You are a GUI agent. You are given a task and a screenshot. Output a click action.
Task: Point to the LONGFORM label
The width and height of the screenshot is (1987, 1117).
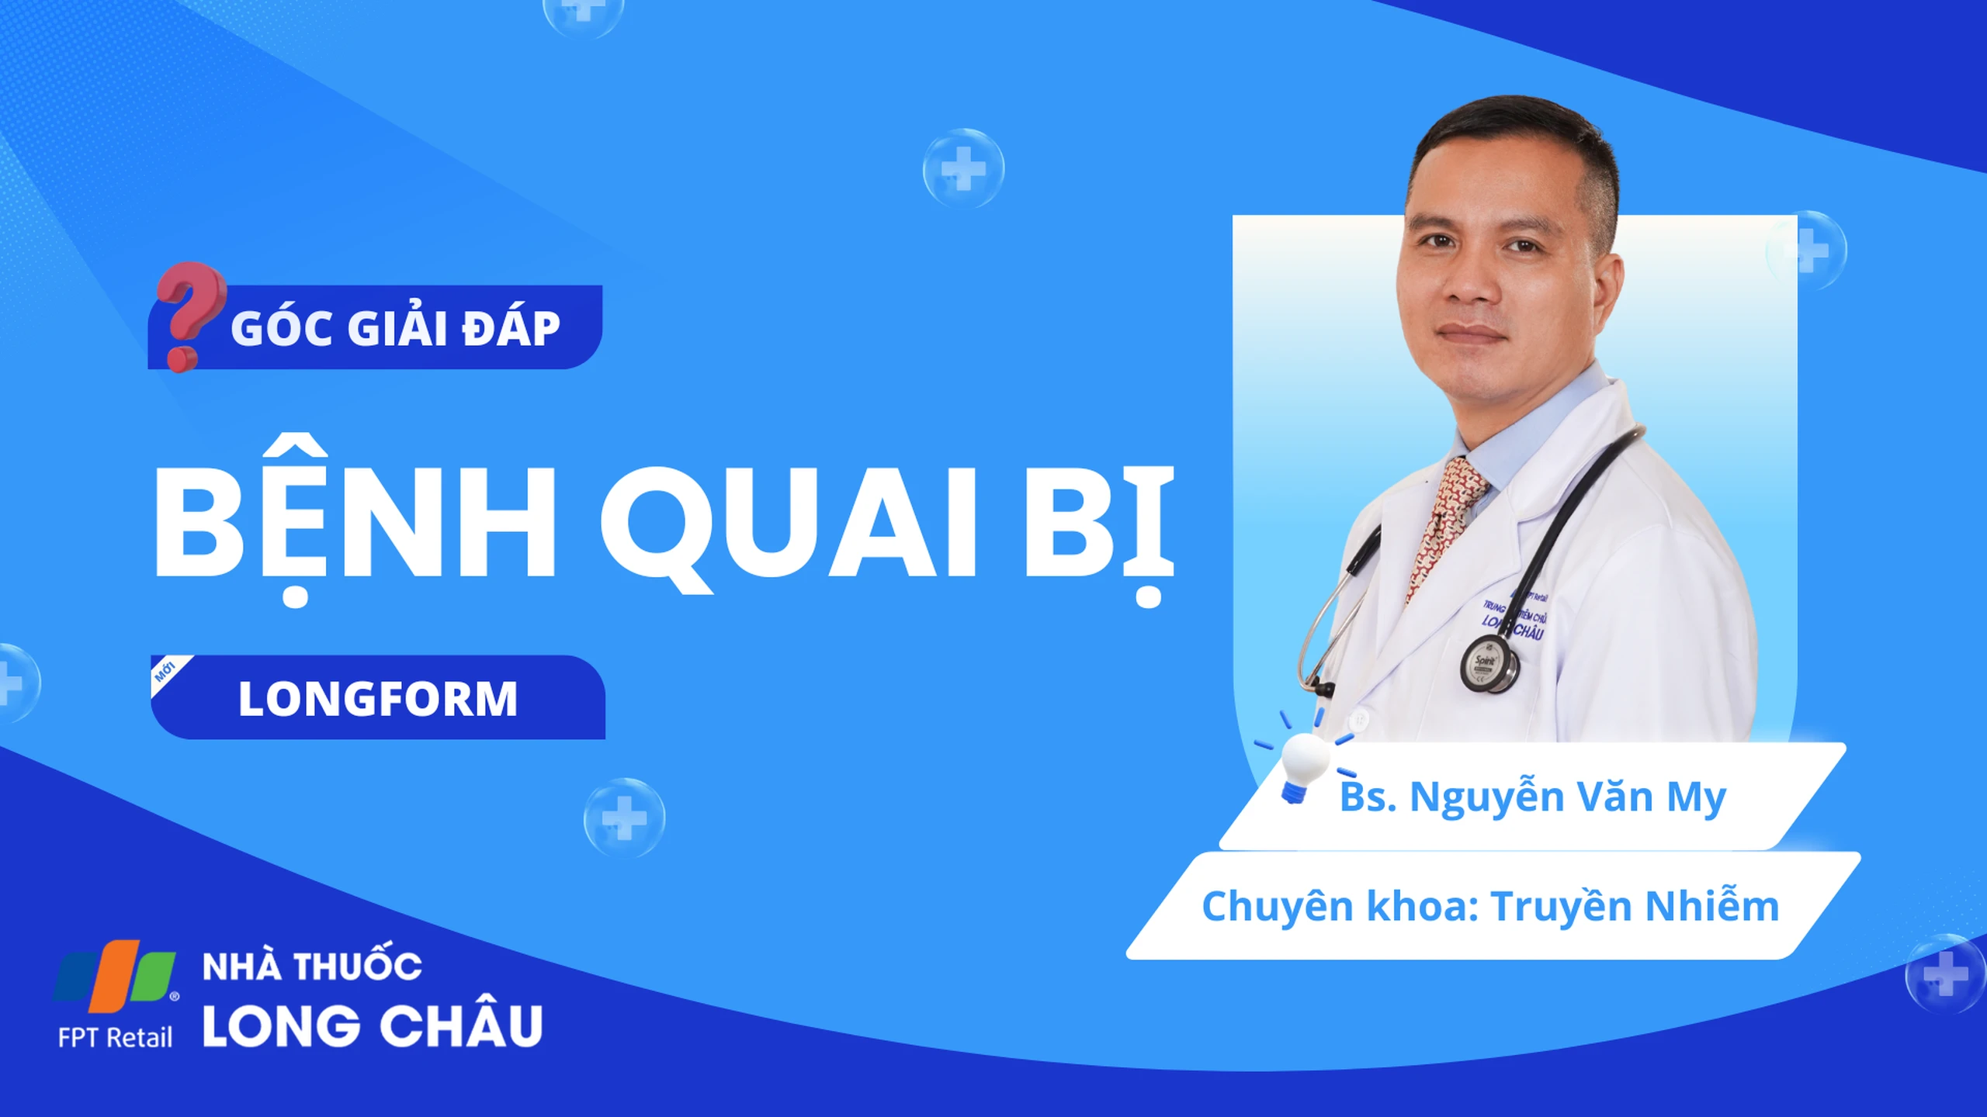point(378,699)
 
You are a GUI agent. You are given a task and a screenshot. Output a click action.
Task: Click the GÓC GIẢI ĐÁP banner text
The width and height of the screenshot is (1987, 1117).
point(395,327)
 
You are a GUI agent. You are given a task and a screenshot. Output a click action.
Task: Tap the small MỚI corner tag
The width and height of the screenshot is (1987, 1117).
point(165,670)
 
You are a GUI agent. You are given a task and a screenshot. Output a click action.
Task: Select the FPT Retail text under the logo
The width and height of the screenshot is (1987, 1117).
point(115,1038)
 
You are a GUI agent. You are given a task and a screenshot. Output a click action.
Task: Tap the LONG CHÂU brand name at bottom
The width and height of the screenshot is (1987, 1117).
point(373,1024)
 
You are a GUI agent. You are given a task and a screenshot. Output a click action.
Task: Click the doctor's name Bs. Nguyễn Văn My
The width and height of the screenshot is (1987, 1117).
point(1533,797)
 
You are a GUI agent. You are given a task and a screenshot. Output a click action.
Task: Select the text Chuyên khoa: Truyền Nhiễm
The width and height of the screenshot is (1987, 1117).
point(1490,906)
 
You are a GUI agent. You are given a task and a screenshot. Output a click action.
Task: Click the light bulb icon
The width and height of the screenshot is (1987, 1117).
point(1303,764)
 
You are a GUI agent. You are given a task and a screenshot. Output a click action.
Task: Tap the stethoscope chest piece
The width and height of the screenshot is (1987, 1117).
point(1489,664)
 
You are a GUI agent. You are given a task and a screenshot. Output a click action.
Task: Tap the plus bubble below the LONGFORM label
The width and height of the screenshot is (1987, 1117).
point(624,818)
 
